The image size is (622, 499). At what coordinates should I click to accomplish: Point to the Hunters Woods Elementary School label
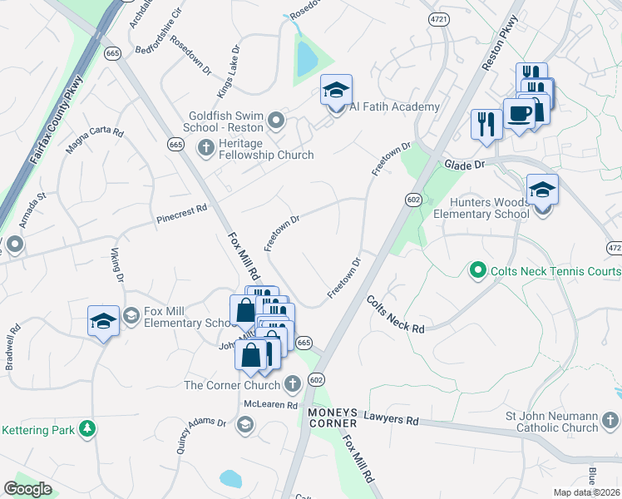pos(481,208)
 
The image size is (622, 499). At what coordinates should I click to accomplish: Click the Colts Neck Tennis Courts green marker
pos(477,270)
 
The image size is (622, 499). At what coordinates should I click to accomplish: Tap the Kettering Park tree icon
pos(86,429)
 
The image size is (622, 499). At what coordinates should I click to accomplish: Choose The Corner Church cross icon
pos(292,384)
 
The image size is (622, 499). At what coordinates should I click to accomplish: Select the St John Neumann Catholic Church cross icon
pos(611,419)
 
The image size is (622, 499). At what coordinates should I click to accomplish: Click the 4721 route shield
pos(438,17)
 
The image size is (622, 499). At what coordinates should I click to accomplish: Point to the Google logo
pos(27,488)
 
